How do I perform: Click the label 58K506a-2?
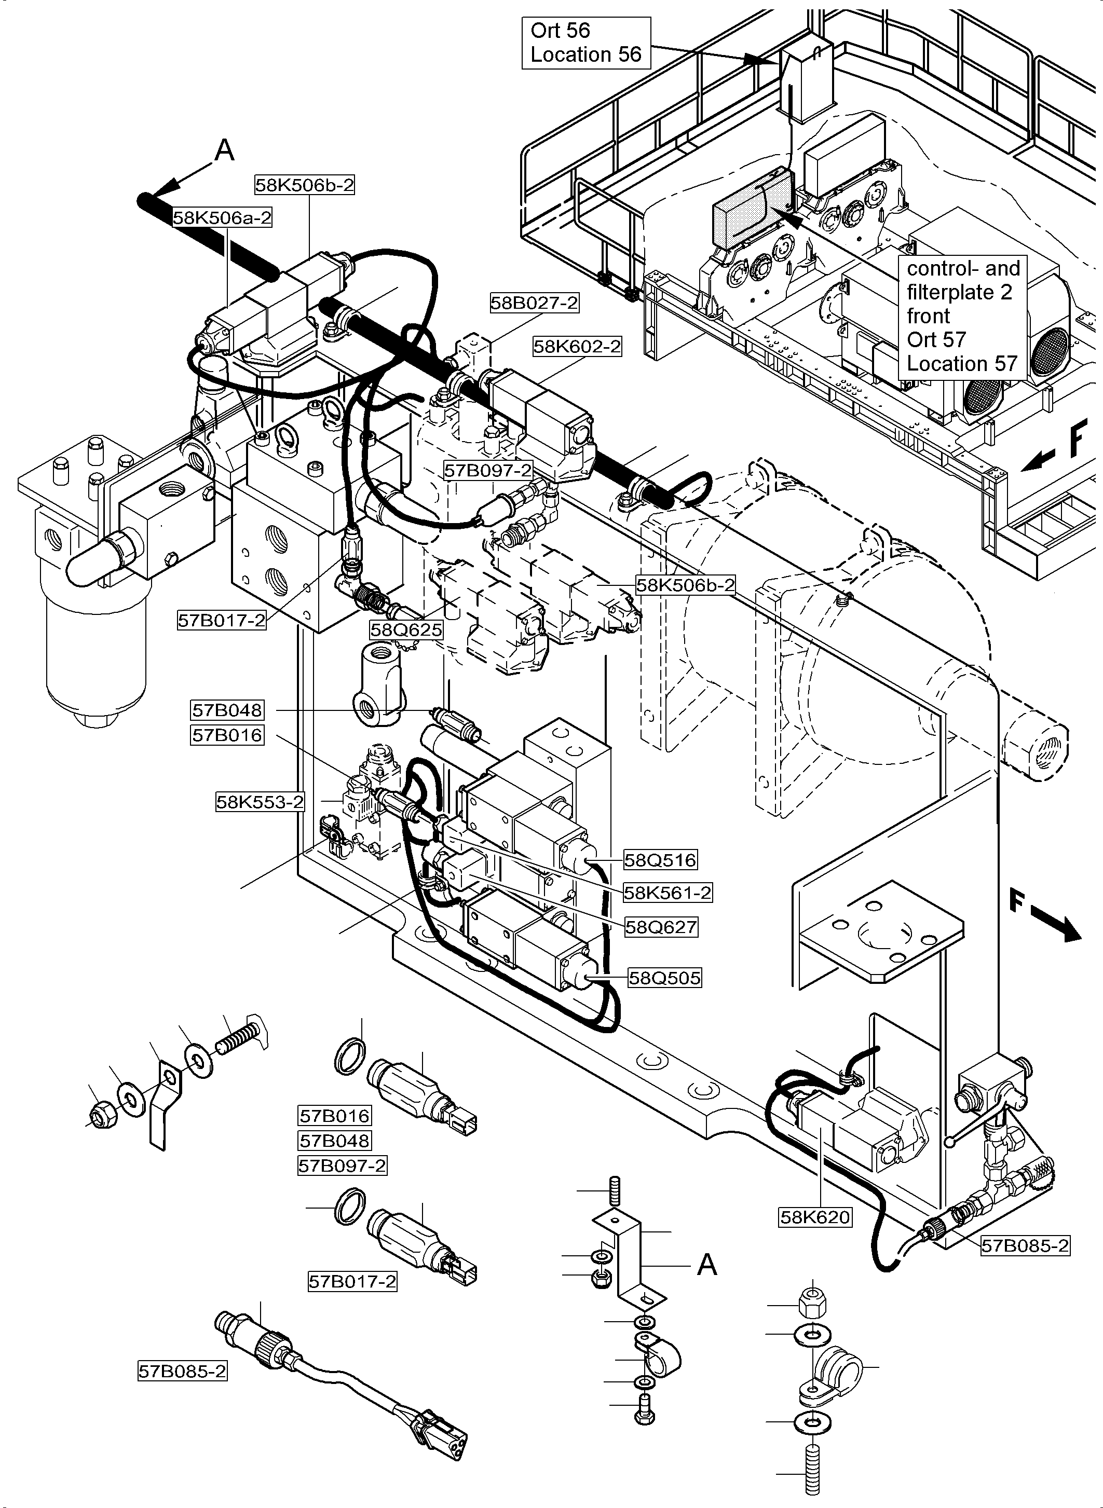tap(222, 217)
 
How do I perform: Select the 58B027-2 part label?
tap(534, 303)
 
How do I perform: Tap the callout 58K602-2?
tap(577, 347)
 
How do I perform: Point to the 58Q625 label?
tap(406, 629)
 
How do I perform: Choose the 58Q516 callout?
tap(660, 860)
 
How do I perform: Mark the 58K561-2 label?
tap(668, 893)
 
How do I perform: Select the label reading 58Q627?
tap(661, 927)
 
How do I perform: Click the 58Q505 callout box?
tap(664, 978)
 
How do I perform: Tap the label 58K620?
tap(815, 1217)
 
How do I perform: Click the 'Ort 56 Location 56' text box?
tap(585, 43)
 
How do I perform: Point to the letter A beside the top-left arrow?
tap(225, 150)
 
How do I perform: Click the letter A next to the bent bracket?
tap(706, 1264)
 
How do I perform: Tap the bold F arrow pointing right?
tap(1045, 918)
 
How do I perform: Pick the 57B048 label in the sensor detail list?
tap(334, 1140)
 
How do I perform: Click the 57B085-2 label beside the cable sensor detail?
tap(182, 1371)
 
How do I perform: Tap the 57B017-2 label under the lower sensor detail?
tap(352, 1282)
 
